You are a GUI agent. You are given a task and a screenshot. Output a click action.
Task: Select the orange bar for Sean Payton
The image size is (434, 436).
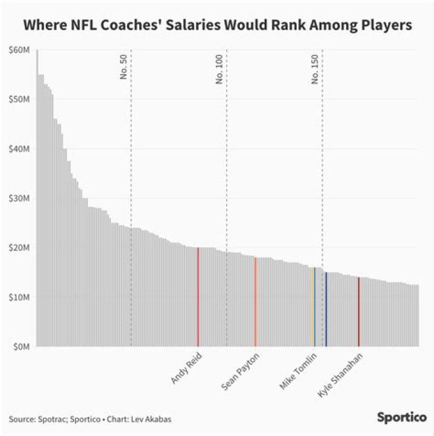click(255, 302)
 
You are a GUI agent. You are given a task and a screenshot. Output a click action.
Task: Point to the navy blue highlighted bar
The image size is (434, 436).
click(326, 309)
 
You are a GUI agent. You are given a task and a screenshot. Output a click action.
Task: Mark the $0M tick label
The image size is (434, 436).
click(22, 347)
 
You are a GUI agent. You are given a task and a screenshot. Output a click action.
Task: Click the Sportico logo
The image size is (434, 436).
click(401, 417)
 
